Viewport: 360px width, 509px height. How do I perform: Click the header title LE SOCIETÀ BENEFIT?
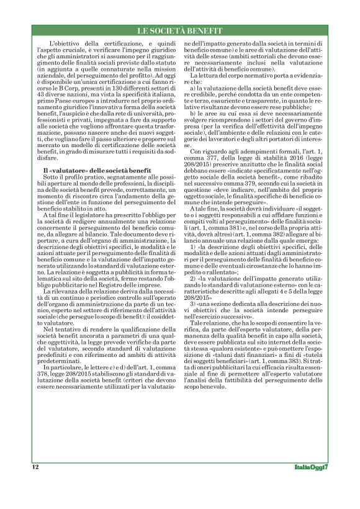[179, 30]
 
